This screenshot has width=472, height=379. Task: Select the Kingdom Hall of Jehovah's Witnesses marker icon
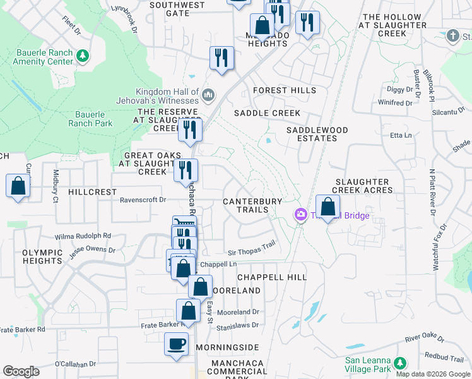click(208, 96)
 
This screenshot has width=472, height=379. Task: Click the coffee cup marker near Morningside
click(177, 345)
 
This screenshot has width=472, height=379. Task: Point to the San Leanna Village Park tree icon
click(399, 363)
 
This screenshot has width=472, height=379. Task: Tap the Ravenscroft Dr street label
click(143, 200)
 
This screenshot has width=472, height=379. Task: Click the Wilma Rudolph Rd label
click(83, 236)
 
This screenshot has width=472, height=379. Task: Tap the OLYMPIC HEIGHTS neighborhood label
click(43, 256)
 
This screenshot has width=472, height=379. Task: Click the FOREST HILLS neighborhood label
click(285, 90)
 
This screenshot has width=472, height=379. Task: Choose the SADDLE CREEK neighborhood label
click(267, 113)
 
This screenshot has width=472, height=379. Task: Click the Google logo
click(21, 371)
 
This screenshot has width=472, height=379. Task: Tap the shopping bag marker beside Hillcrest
click(18, 186)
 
